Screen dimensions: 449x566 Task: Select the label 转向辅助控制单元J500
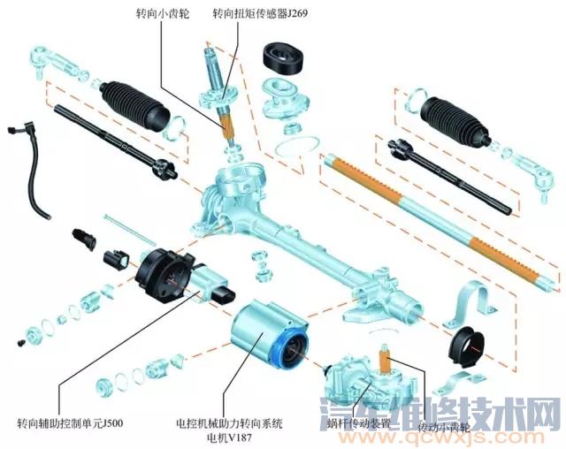click(70, 422)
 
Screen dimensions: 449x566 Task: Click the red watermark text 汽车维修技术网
click(468, 413)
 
